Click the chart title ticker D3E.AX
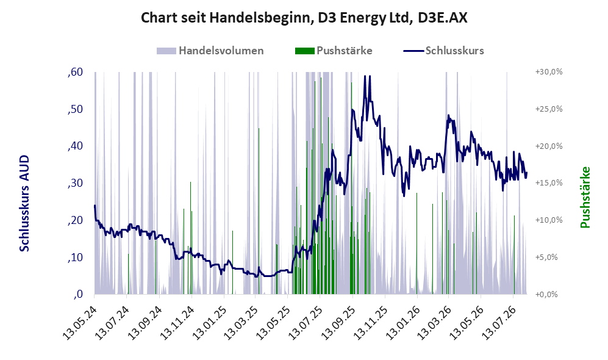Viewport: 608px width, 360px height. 442,18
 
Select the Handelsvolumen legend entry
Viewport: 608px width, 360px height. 210,51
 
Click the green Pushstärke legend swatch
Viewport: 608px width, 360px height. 305,51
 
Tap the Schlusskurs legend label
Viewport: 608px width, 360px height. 454,51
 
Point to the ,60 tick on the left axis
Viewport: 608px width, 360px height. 75,72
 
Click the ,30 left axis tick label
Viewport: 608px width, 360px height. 75,183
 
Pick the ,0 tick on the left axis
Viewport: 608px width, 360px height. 78,294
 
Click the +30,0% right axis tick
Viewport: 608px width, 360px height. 549,72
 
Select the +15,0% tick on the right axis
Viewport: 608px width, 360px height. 549,182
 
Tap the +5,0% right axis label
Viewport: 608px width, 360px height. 546,257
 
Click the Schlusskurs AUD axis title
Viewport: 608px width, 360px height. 24,203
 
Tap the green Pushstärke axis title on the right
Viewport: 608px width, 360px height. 585,198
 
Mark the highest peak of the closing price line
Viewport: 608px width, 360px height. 365,76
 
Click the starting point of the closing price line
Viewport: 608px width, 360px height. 95,206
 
